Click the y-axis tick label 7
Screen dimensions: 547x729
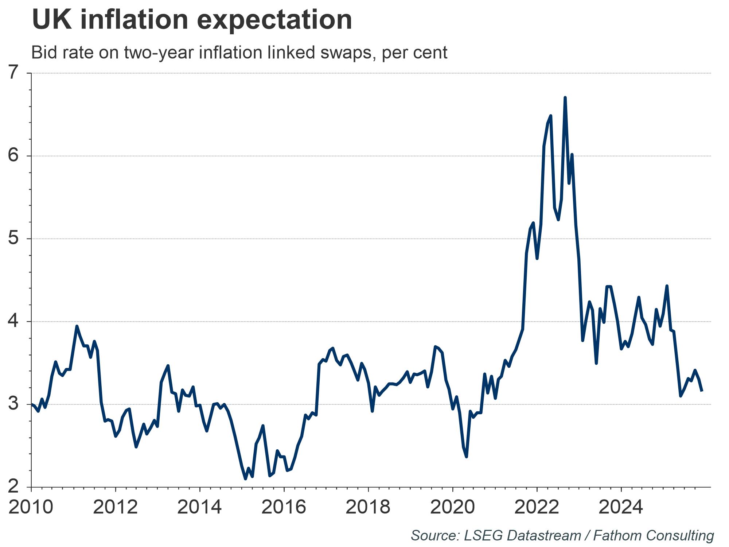pyautogui.click(x=13, y=73)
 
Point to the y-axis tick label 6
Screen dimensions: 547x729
pyautogui.click(x=13, y=156)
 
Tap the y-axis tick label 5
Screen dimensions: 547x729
pyautogui.click(x=13, y=239)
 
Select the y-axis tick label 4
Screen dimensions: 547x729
pyautogui.click(x=13, y=322)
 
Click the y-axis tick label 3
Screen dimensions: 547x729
pyautogui.click(x=13, y=404)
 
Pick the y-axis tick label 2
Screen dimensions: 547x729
pyautogui.click(x=13, y=487)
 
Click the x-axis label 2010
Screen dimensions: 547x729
pyautogui.click(x=31, y=507)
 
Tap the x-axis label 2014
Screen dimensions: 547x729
pyautogui.click(x=199, y=507)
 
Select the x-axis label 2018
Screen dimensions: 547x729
pyautogui.click(x=368, y=507)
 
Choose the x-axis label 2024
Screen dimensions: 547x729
pyautogui.click(x=621, y=507)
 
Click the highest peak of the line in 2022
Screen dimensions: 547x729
pyautogui.click(x=565, y=98)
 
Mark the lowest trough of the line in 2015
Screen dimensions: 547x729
pyautogui.click(x=245, y=479)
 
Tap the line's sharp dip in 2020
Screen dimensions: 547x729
pyautogui.click(x=467, y=457)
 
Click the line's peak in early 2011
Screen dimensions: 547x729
pyautogui.click(x=77, y=326)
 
